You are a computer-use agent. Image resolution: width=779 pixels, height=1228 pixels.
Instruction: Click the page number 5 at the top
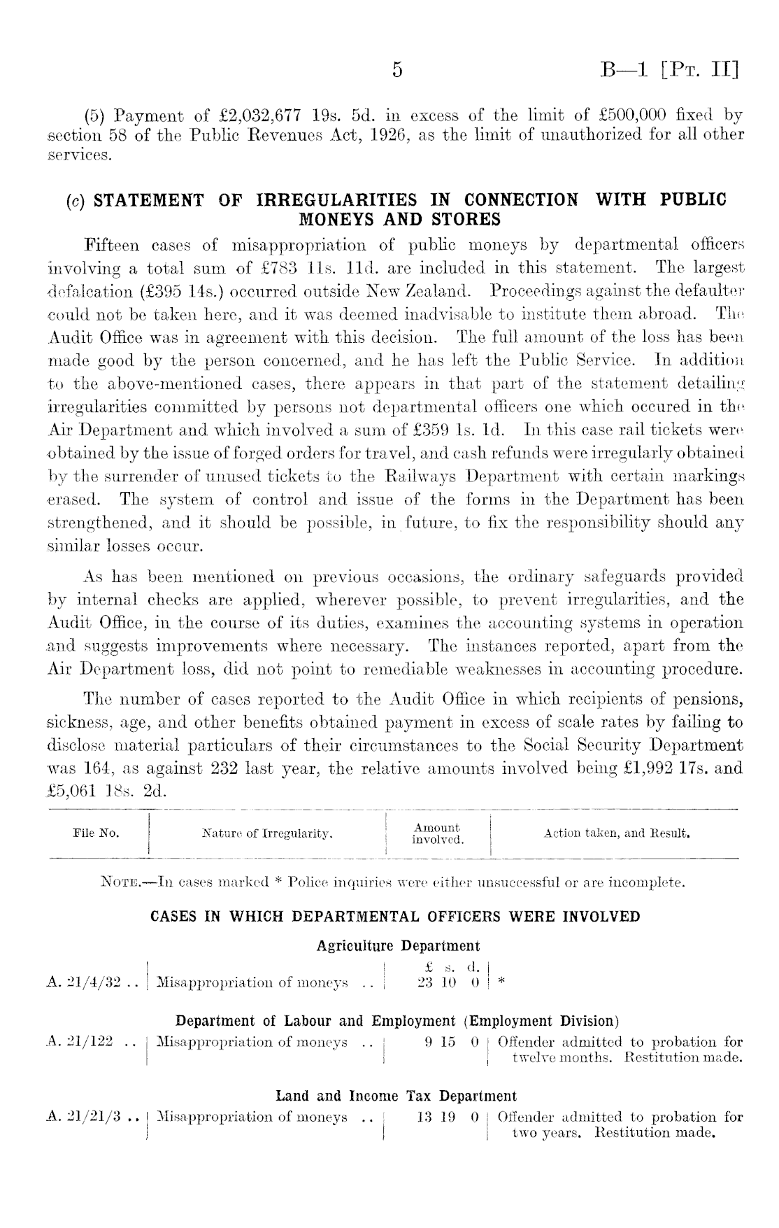click(x=397, y=71)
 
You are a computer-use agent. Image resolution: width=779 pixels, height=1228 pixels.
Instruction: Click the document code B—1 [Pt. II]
click(x=669, y=71)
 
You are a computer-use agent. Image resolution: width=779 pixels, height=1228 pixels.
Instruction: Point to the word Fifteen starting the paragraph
click(x=110, y=246)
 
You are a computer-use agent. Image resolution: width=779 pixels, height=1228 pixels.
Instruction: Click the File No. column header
click(x=96, y=833)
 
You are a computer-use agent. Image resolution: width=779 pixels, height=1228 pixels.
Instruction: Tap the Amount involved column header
click(x=437, y=833)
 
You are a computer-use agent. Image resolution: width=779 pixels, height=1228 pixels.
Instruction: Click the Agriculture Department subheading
click(x=398, y=946)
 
